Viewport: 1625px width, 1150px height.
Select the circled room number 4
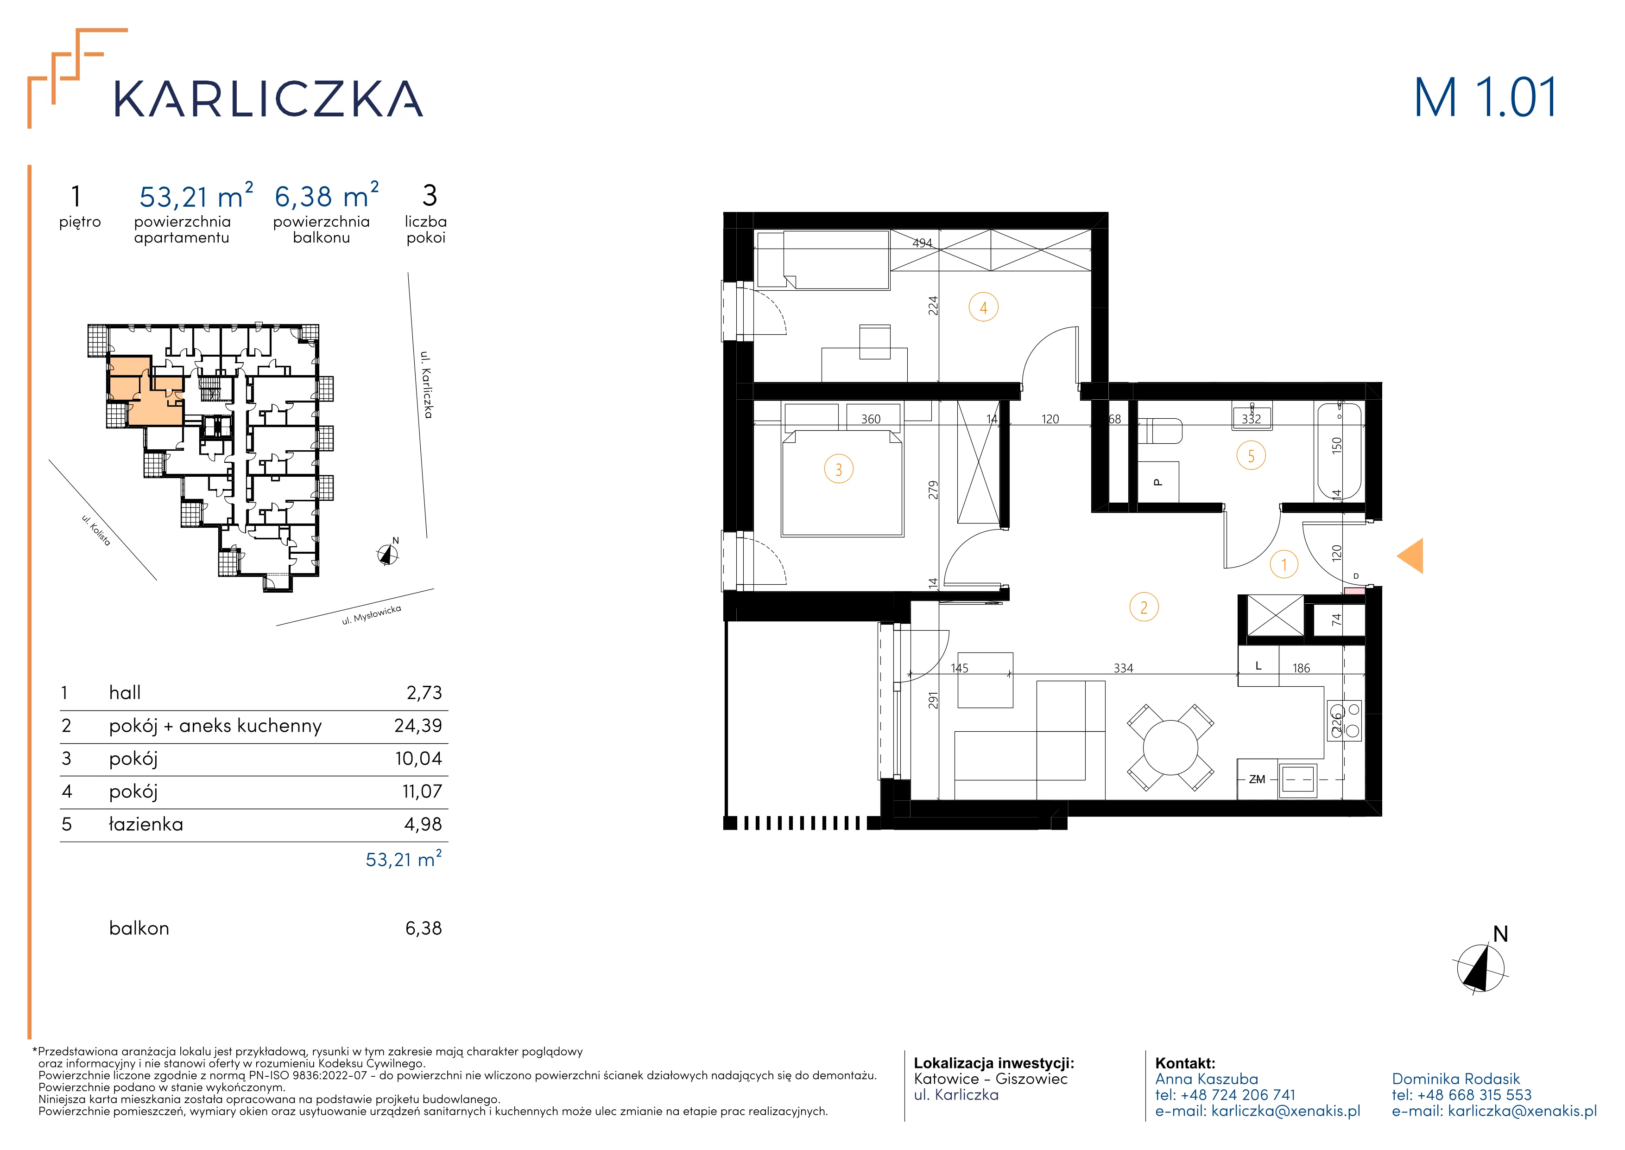983,308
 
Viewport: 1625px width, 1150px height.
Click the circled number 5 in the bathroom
1251,456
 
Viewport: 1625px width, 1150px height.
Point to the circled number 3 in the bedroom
839,469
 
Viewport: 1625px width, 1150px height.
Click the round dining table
1170,747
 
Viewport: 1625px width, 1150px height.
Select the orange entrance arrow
1410,556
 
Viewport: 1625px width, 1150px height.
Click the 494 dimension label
922,243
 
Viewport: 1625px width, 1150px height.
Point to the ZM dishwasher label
1257,779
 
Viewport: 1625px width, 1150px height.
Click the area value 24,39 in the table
418,725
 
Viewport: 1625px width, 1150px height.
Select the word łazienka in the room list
146,824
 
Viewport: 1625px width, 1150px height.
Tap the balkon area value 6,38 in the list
423,928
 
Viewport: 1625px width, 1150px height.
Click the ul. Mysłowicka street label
372,615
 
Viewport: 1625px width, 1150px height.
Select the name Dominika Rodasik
1456,1079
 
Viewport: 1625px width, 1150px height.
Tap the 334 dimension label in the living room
1123,669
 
